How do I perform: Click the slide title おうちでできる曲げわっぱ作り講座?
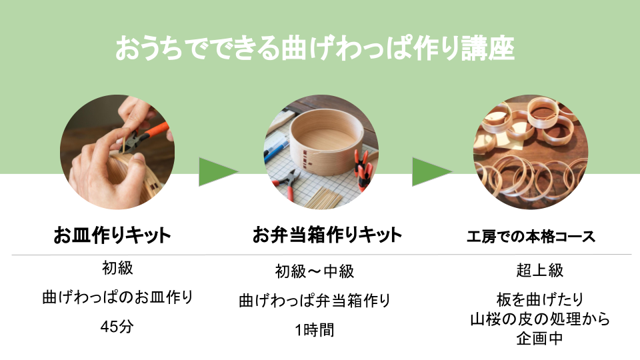[x=315, y=48]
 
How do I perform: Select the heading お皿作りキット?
[x=112, y=235]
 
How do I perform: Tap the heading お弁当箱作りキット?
[x=327, y=235]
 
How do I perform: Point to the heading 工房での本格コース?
[x=531, y=237]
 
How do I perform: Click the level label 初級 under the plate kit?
[x=117, y=268]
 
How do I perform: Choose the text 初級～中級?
[x=314, y=271]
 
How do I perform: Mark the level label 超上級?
[x=539, y=270]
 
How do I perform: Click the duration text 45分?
[x=117, y=327]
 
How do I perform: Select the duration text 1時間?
[x=314, y=330]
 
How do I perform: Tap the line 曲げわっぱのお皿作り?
[x=117, y=297]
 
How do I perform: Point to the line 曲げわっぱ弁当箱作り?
[x=314, y=301]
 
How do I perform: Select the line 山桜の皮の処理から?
[x=539, y=319]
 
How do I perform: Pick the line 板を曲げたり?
[x=539, y=299]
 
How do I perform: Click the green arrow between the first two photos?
[x=217, y=172]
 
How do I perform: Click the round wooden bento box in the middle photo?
[x=327, y=143]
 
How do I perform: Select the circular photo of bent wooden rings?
[x=531, y=152]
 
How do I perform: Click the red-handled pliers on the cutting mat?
[x=288, y=184]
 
